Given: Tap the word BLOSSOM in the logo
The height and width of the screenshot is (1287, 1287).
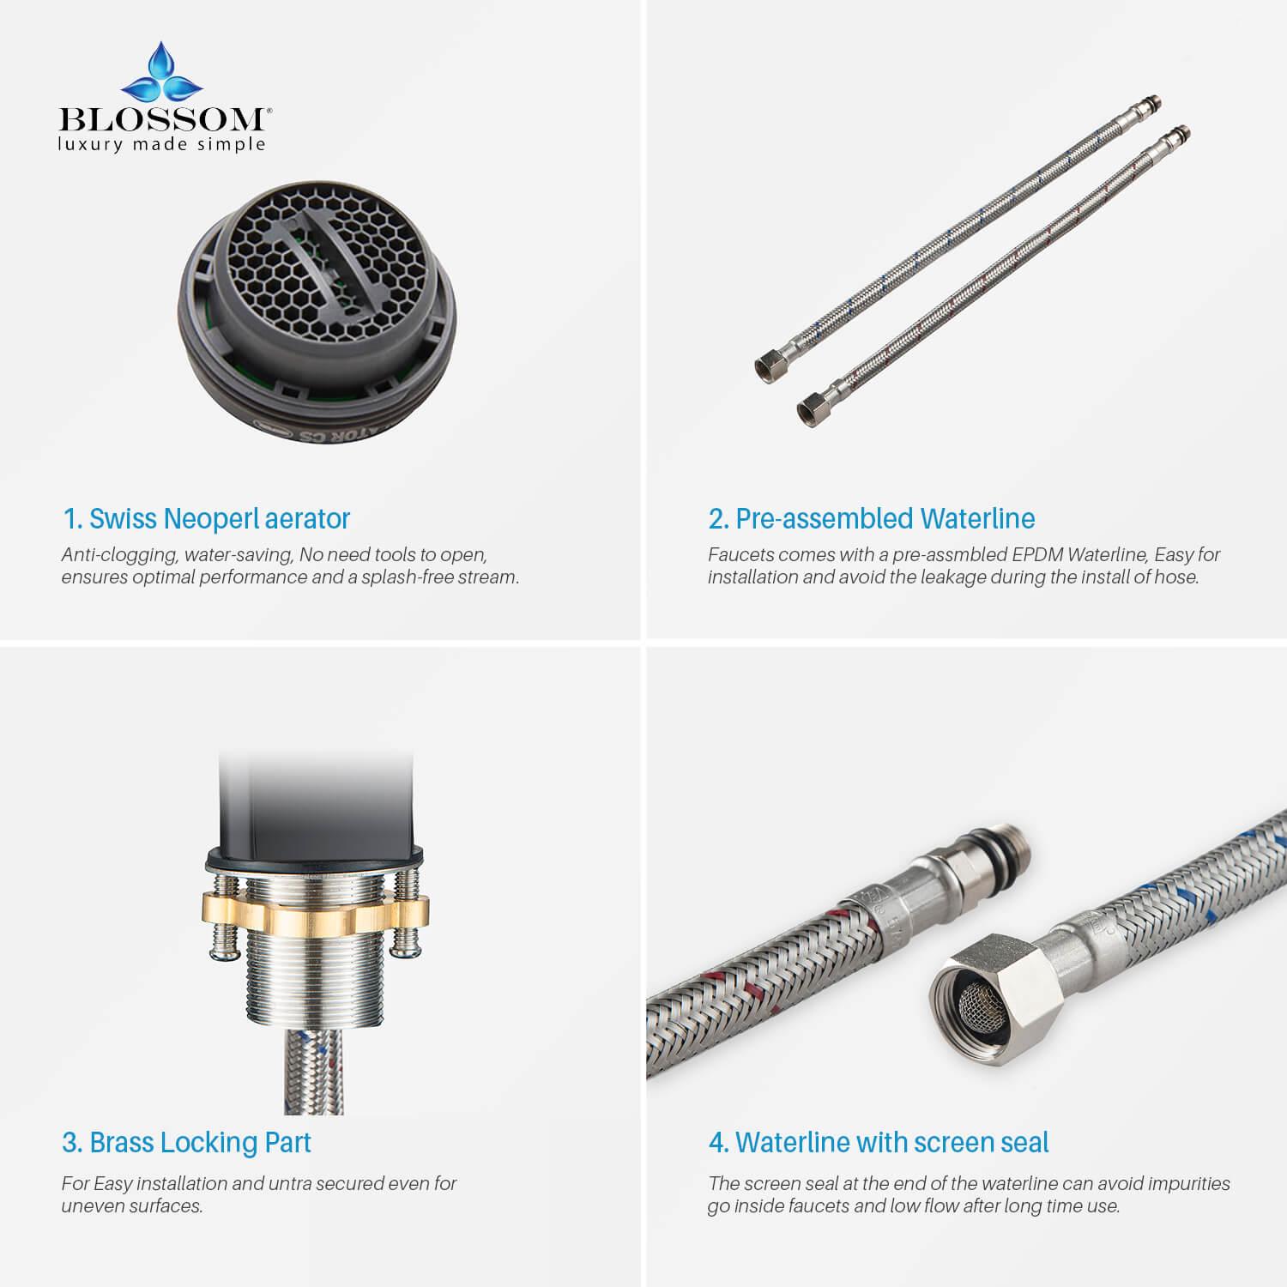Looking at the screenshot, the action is [160, 118].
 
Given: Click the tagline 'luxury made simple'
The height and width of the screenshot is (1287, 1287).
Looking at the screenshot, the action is [160, 144].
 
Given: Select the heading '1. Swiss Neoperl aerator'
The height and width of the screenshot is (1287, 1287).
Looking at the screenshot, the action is [206, 518].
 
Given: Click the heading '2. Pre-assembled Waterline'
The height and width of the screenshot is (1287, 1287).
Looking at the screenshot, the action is [872, 518].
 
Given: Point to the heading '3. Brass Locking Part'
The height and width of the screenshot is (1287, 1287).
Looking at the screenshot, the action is [186, 1142].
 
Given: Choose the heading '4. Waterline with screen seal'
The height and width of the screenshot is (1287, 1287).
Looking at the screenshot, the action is [879, 1142].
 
